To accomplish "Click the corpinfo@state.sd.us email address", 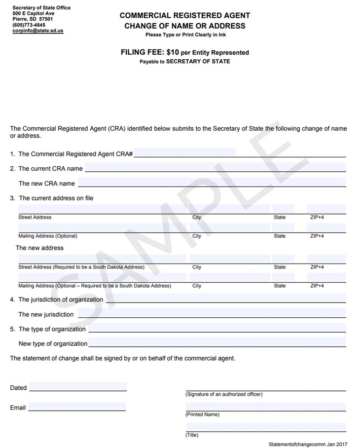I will [38, 31].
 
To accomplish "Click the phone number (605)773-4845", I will [29, 25].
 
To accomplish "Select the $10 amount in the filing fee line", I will [172, 52].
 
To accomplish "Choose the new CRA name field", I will [212, 183].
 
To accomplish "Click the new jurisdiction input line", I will [212, 313].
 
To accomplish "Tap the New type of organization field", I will [217, 342].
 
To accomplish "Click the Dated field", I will [78, 387].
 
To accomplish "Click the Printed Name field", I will [266, 408].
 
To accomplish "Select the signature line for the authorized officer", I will [266, 387].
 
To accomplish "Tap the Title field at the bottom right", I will [266, 428].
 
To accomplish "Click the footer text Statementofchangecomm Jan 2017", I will [308, 444].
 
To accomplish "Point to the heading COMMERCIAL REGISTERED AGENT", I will [185, 16].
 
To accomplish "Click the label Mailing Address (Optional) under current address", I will [48, 236].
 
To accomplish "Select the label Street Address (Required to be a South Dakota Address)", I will [81, 267].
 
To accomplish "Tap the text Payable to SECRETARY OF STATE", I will [185, 62].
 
